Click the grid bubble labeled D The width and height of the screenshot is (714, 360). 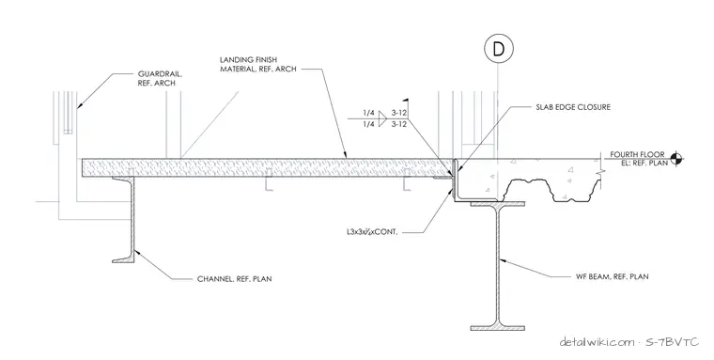pyautogui.click(x=499, y=49)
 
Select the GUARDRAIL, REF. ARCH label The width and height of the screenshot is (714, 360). pyautogui.click(x=156, y=78)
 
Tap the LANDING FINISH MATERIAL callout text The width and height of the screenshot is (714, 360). pyautogui.click(x=258, y=64)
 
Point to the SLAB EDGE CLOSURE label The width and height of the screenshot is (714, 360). pyautogui.click(x=573, y=107)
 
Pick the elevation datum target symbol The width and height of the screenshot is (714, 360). pyautogui.click(x=677, y=159)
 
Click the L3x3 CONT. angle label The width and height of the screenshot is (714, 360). pyautogui.click(x=372, y=232)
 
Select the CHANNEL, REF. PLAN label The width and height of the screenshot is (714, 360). pyautogui.click(x=235, y=278)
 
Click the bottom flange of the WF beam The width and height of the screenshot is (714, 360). pyautogui.click(x=497, y=327)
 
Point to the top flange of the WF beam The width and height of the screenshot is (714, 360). pyautogui.click(x=497, y=204)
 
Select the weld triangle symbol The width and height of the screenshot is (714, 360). pyautogui.click(x=382, y=118)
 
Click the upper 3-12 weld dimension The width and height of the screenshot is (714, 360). pyautogui.click(x=399, y=113)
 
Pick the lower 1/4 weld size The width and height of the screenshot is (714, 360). pyautogui.click(x=369, y=124)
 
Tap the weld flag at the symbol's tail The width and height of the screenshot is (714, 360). pyautogui.click(x=404, y=101)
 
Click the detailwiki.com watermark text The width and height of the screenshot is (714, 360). pyautogui.click(x=597, y=341)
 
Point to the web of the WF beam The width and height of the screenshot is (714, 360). pyautogui.click(x=497, y=265)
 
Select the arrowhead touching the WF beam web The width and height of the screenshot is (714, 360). pyautogui.click(x=503, y=260)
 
